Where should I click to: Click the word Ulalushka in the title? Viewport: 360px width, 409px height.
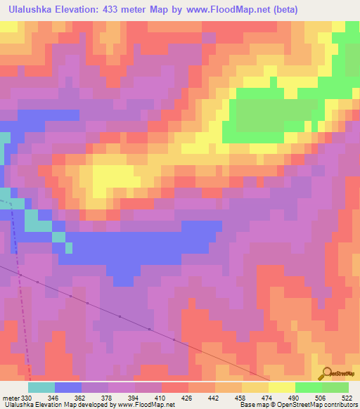[30, 10]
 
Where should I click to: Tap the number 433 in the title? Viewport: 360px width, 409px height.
[115, 10]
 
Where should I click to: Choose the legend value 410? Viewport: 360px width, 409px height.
[160, 398]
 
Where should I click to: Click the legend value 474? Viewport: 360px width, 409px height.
[269, 398]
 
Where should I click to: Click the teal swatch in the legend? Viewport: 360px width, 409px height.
[41, 387]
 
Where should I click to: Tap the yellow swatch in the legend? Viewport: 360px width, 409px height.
[282, 387]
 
